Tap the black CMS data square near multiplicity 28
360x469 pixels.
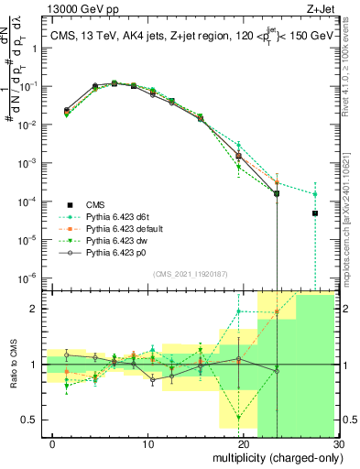pos(314,213)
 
